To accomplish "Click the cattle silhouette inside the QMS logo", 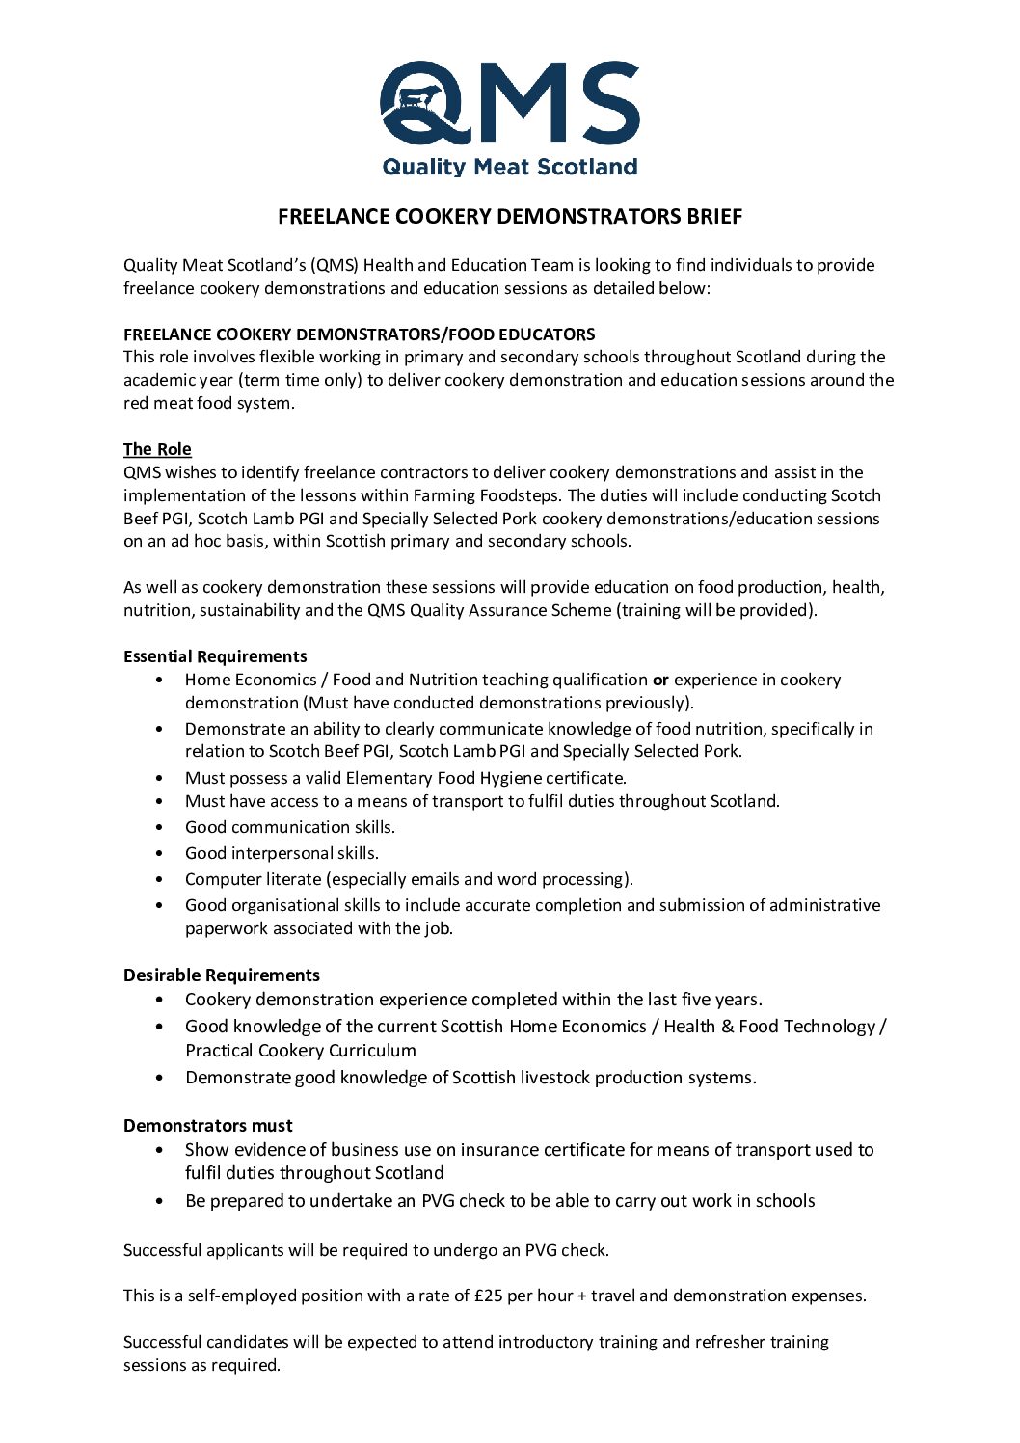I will [416, 97].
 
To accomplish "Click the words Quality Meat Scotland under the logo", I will [509, 167].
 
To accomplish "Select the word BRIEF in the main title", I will [714, 217].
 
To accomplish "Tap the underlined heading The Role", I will [157, 449].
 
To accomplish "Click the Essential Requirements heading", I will [215, 656].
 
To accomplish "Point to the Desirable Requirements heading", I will [222, 975].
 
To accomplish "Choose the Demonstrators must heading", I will [208, 1126].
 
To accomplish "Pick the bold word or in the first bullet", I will [660, 680].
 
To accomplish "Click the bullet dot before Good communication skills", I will [159, 827].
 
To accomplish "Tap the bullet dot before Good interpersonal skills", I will [159, 853].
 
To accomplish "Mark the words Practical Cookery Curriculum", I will [301, 1051].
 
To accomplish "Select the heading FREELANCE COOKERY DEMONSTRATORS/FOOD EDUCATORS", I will [360, 334].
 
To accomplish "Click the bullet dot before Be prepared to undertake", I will [159, 1201].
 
